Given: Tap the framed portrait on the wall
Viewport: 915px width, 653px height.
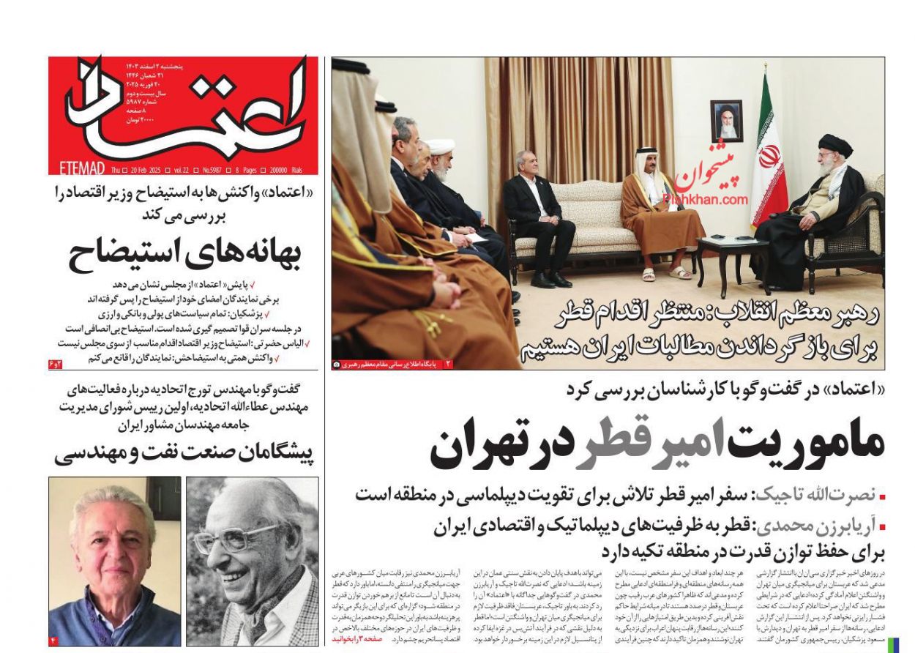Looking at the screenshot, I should click(x=726, y=120).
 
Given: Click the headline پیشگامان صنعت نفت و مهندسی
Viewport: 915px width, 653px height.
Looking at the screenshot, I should click(x=184, y=454).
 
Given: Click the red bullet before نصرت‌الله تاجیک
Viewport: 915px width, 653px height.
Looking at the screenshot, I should click(x=882, y=497).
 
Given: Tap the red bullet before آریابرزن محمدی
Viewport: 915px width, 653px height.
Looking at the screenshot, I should click(x=882, y=526).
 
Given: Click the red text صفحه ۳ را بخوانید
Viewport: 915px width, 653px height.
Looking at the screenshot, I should click(x=357, y=639).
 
